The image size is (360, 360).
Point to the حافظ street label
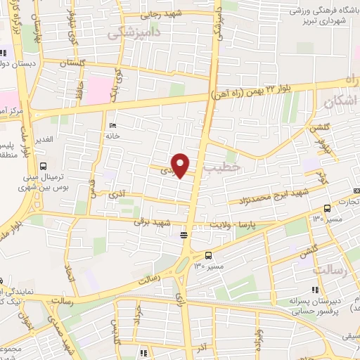[x=82, y=91]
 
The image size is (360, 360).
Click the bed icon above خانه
[x=114, y=127]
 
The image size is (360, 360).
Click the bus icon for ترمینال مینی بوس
[x=44, y=167]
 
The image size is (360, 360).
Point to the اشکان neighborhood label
[x=341, y=103]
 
